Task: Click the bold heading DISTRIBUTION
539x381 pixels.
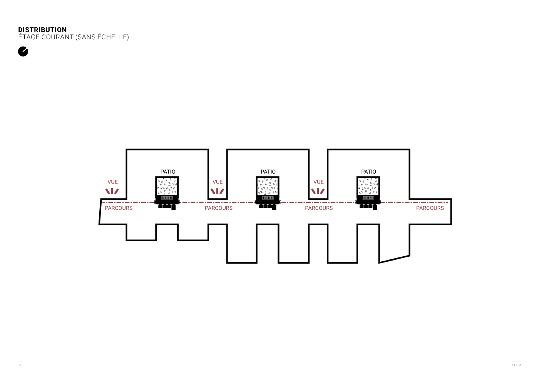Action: (42, 30)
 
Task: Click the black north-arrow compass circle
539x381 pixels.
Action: (23, 52)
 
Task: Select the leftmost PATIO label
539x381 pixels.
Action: (168, 172)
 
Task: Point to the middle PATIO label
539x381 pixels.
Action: (268, 172)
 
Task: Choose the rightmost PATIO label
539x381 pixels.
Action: (368, 172)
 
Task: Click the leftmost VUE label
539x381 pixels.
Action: (112, 182)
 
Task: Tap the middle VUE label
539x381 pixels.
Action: (218, 182)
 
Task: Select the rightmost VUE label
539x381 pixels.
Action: (318, 182)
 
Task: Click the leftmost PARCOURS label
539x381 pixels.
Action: (119, 208)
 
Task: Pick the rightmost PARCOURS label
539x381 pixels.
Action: (430, 208)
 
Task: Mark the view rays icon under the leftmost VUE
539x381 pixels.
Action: (112, 191)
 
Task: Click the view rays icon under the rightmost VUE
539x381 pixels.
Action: (318, 191)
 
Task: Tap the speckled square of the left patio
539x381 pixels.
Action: (167, 186)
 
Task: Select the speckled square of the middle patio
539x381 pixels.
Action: (267, 186)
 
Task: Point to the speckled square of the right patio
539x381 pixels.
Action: (368, 186)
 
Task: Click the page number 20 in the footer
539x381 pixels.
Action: (20, 365)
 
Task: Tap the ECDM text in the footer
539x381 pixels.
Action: (516, 365)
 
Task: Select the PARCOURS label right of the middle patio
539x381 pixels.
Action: (319, 208)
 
